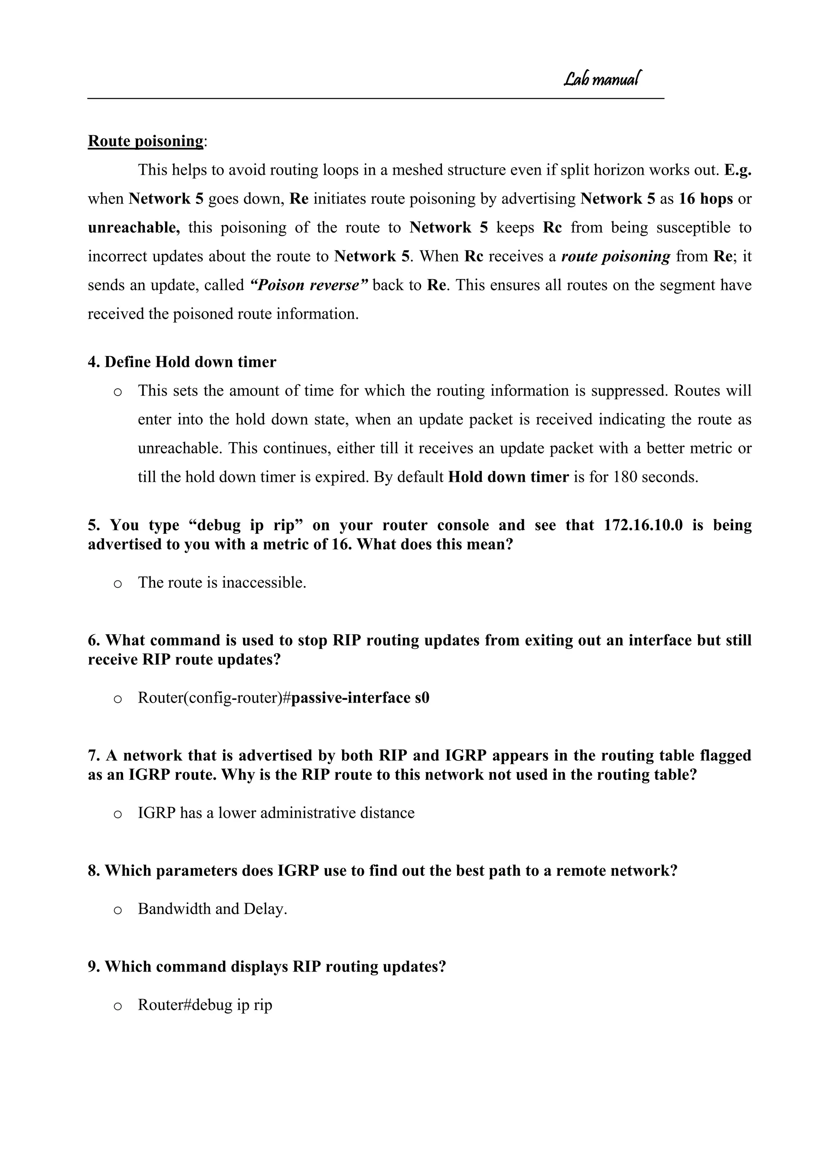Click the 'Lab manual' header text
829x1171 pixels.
tap(602, 79)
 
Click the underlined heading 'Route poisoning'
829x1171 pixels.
tap(145, 141)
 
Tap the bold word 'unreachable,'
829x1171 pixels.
tap(134, 227)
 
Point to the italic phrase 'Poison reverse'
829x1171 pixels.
tap(308, 285)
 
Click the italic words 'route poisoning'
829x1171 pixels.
tap(615, 256)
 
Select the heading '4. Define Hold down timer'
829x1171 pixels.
tap(182, 362)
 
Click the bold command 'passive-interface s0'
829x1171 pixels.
tap(360, 698)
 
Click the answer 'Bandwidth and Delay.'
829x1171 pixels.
tap(213, 909)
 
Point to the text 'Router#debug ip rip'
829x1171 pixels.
tap(205, 1005)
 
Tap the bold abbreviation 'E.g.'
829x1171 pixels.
tap(737, 170)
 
